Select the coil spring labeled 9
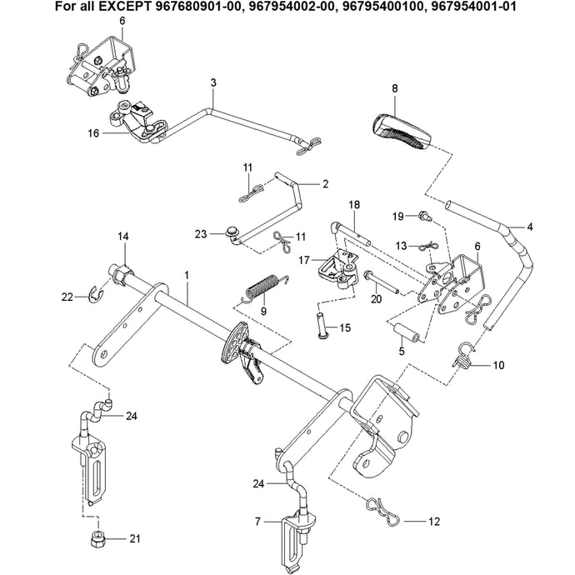[x=265, y=287]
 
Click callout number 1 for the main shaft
[x=187, y=275]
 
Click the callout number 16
[x=93, y=132]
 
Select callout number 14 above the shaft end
[x=123, y=237]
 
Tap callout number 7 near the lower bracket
[x=258, y=522]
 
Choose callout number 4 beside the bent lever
[x=530, y=226]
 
